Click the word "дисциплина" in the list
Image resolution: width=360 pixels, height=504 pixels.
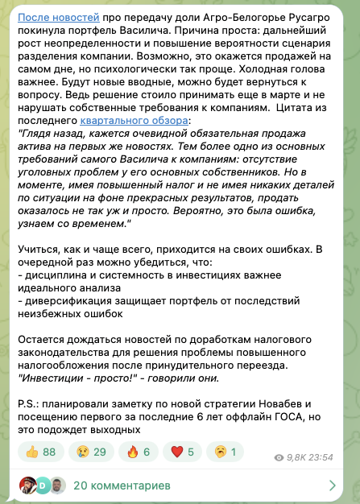coord(58,276)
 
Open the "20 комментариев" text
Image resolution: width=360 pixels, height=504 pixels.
coord(121,485)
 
